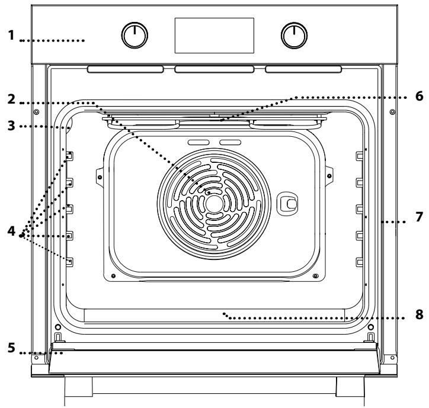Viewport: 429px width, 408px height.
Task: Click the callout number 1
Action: click(11, 36)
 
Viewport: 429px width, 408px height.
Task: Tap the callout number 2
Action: click(11, 99)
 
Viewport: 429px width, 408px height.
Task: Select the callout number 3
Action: click(11, 126)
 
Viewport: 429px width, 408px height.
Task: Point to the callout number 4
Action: click(11, 231)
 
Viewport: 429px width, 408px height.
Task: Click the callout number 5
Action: click(11, 348)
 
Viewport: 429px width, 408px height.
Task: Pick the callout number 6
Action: click(419, 97)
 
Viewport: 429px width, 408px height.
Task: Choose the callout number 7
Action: click(419, 217)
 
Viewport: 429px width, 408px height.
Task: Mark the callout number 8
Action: click(419, 314)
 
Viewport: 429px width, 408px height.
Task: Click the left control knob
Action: click(135, 36)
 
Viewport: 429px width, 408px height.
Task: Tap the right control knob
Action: click(294, 36)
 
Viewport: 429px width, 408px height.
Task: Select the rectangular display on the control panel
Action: click(214, 36)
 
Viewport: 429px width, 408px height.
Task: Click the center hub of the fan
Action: click(214, 204)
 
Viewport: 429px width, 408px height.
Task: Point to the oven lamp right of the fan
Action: click(287, 203)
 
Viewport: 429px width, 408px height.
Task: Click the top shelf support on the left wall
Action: click(69, 156)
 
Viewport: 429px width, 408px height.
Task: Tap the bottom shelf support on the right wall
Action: click(359, 262)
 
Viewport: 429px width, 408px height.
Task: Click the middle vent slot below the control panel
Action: click(214, 69)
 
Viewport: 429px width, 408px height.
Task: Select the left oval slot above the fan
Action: click(199, 142)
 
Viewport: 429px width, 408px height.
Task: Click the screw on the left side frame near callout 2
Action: click(36, 112)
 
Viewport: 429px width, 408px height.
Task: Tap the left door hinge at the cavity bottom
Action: click(58, 337)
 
